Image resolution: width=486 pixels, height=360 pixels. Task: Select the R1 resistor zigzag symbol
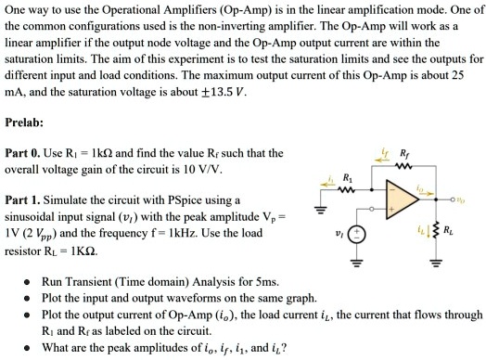pos(348,191)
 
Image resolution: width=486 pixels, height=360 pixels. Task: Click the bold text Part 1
pos(21,199)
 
